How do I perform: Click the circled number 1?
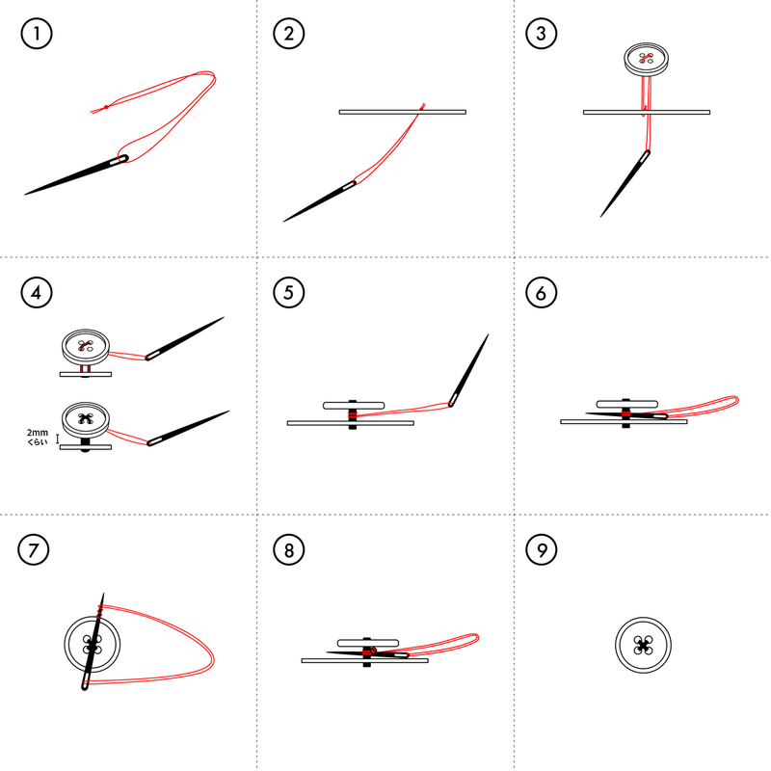(x=37, y=34)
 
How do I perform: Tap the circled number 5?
(x=288, y=293)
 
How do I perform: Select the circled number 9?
(x=541, y=549)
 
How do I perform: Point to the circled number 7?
(x=34, y=549)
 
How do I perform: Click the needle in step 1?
(x=76, y=175)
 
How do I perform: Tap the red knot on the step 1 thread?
(x=106, y=107)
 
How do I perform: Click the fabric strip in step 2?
(x=402, y=112)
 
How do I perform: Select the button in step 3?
(x=646, y=59)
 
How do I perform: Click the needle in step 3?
(x=625, y=184)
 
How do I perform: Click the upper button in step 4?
(x=86, y=347)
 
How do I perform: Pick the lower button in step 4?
(x=86, y=420)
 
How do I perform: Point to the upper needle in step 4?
(x=184, y=338)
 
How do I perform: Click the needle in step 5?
(x=468, y=370)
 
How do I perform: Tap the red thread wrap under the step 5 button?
(x=352, y=415)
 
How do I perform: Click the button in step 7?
(x=92, y=644)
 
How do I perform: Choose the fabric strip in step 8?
(x=365, y=661)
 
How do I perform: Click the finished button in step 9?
(x=643, y=645)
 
